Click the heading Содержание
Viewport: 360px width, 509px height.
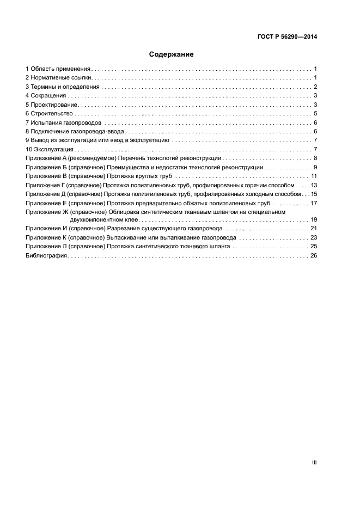172,54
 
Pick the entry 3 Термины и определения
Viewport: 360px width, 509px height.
63,87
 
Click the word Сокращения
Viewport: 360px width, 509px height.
49,96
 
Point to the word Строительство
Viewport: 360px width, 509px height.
51,113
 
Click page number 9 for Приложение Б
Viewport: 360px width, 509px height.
315,167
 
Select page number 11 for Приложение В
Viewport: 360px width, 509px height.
314,176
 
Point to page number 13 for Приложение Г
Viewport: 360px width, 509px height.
314,185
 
